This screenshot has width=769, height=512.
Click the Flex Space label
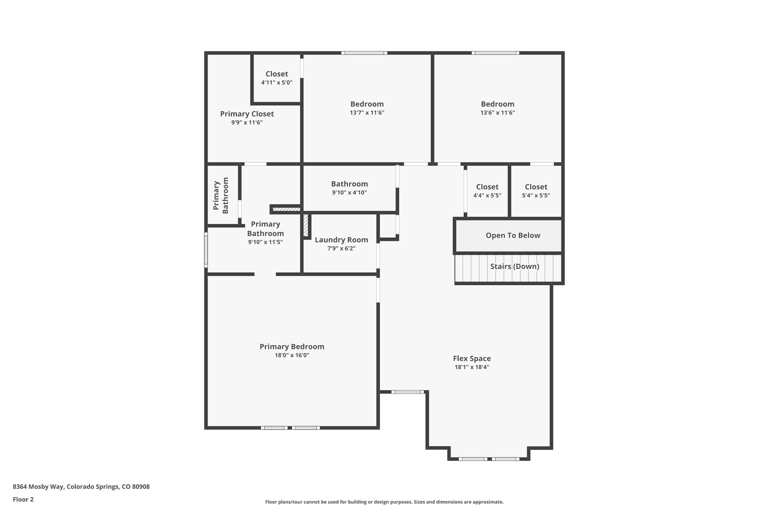click(472, 358)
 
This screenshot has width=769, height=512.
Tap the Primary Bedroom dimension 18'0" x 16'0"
click(292, 355)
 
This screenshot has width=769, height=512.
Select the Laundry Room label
click(341, 240)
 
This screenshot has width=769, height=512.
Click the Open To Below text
click(513, 236)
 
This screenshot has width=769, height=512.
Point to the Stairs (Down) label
click(514, 266)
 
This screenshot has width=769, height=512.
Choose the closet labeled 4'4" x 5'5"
click(487, 191)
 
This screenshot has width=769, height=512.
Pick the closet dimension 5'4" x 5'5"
click(536, 195)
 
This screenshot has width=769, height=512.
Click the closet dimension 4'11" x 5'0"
click(277, 83)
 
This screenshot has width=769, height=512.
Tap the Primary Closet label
click(247, 114)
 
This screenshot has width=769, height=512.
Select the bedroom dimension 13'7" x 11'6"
click(367, 113)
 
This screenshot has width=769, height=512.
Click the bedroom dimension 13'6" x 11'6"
click(498, 113)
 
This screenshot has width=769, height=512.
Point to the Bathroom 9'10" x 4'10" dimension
click(349, 192)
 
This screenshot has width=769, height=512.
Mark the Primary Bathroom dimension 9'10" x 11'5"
click(265, 242)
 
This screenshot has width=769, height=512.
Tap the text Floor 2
click(23, 499)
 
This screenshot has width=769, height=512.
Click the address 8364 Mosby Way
click(81, 487)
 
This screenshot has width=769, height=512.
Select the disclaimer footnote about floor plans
click(384, 502)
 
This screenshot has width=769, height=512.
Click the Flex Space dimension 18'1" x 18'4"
click(472, 367)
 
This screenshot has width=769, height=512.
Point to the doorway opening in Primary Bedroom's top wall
click(265, 274)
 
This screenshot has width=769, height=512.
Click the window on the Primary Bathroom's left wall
click(206, 250)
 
